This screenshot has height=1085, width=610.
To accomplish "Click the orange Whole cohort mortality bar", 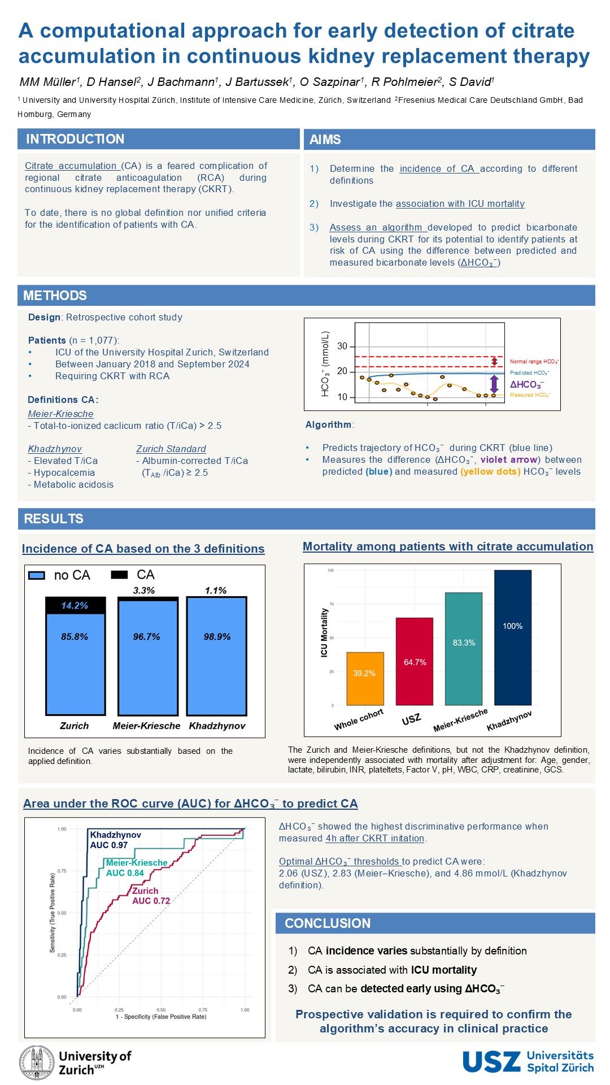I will click(x=365, y=679).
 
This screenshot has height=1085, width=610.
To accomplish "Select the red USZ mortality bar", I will click(x=414, y=661).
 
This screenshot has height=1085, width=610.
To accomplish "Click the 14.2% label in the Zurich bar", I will click(x=75, y=606).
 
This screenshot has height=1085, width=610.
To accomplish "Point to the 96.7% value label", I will click(x=146, y=637).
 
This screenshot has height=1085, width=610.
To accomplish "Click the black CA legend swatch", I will click(x=119, y=575).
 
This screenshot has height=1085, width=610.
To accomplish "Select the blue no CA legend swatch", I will click(x=37, y=575).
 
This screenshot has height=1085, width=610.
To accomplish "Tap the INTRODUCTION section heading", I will click(x=75, y=139).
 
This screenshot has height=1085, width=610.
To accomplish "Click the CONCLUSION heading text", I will click(x=328, y=923).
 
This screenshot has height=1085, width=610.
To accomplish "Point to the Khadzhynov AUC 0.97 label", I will click(x=115, y=840).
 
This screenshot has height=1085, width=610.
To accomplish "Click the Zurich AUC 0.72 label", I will click(x=151, y=896).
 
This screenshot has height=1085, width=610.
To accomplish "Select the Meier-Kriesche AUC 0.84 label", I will click(x=137, y=868).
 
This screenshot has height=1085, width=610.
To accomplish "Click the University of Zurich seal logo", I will click(x=37, y=1063).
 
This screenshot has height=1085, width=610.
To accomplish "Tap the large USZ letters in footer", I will click(x=491, y=1062).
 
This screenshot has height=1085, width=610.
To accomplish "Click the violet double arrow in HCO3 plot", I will click(x=494, y=384).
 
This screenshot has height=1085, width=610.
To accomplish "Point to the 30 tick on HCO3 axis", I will click(x=342, y=346).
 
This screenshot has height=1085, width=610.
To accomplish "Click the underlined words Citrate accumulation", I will click(x=71, y=166).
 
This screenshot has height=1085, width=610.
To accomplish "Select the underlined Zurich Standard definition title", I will click(x=171, y=449).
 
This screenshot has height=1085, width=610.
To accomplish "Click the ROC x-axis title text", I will click(x=161, y=1017).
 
